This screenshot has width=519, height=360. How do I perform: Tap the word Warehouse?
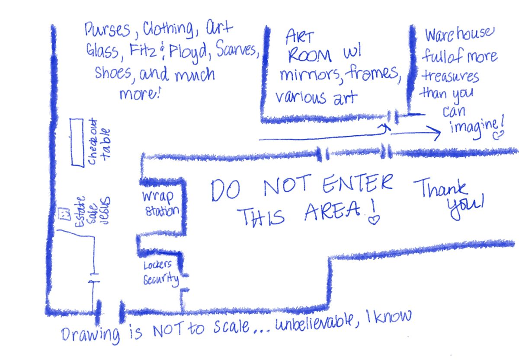[x=459, y=35]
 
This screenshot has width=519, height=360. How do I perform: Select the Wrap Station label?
[x=160, y=204]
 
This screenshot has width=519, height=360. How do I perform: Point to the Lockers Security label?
[x=161, y=274]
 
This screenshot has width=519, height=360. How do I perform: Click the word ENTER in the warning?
[x=358, y=184]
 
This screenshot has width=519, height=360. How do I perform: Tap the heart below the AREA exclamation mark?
[x=374, y=220]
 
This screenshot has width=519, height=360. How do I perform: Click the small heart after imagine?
[x=498, y=135]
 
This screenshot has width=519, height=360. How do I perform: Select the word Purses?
[x=107, y=30]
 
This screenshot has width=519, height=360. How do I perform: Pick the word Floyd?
[x=188, y=52]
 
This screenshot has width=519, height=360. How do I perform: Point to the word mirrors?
[x=310, y=75]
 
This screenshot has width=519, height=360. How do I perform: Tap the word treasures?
[x=450, y=76]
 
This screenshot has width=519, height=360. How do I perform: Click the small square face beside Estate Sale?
[x=64, y=213]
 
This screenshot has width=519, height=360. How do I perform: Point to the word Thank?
[x=440, y=188]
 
